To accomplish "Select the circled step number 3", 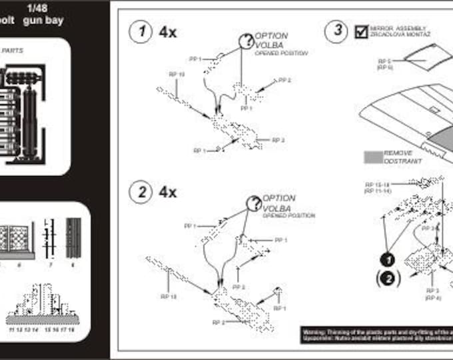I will coord(338,31).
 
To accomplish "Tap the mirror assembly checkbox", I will coord(362,31).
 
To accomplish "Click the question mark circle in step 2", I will coord(253,204).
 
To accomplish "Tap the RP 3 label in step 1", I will coord(278,140).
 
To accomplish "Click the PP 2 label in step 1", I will coord(284,80).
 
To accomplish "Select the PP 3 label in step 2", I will coord(238,287).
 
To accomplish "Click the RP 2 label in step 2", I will coord(217,322).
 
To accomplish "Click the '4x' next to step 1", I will coord(168,32).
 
